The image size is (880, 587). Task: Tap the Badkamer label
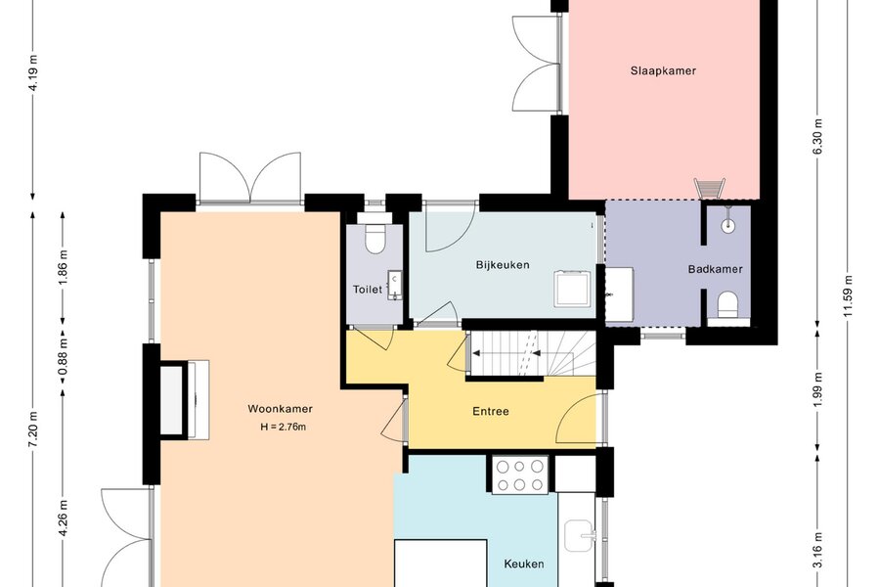point(715,269)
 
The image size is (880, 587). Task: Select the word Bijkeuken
point(503,264)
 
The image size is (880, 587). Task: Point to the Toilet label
point(368,290)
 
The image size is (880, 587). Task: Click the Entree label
point(491,411)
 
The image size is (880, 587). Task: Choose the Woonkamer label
point(280,409)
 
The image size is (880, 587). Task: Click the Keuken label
point(524,564)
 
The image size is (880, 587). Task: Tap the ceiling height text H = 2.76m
point(283,427)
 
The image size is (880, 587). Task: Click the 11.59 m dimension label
point(848,296)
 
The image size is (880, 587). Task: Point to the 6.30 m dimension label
point(817,137)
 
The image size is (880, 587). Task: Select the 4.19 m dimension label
point(33,73)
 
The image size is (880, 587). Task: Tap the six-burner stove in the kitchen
point(520,474)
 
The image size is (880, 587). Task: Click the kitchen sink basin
point(580,535)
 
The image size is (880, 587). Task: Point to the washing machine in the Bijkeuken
point(572,289)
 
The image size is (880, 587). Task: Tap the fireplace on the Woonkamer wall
point(185,399)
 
